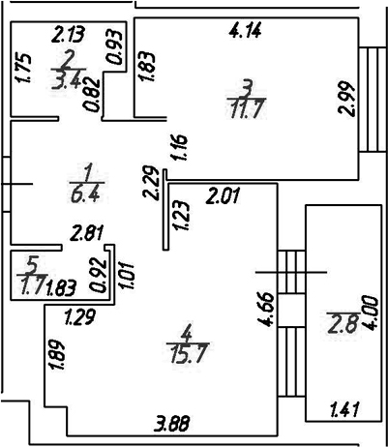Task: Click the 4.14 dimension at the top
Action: pyautogui.click(x=245, y=32)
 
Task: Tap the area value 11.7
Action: pyautogui.click(x=246, y=109)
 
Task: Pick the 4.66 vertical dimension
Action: pyautogui.click(x=266, y=309)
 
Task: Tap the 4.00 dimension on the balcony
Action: pyautogui.click(x=370, y=313)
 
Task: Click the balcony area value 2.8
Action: pyautogui.click(x=343, y=324)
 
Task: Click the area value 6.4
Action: pyautogui.click(x=86, y=194)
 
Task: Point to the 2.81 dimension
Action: pyautogui.click(x=88, y=233)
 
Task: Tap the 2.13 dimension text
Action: pyautogui.click(x=69, y=35)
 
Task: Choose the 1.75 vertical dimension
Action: pyautogui.click(x=23, y=68)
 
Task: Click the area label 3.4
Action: pyautogui.click(x=68, y=79)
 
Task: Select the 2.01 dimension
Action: pyautogui.click(x=224, y=196)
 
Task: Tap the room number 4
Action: pyautogui.click(x=187, y=335)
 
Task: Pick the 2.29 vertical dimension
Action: pyautogui.click(x=151, y=183)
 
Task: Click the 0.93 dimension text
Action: pyautogui.click(x=116, y=47)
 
